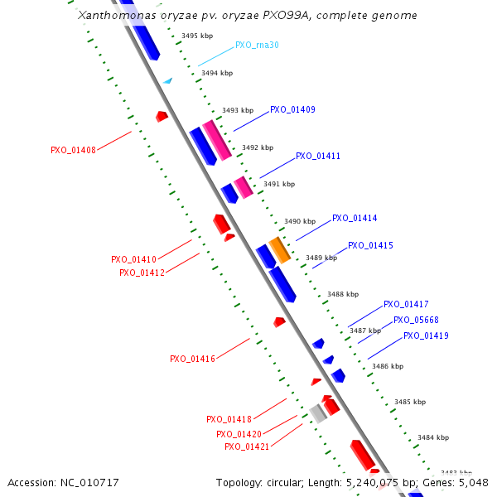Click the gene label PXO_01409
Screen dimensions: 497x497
[x=292, y=109]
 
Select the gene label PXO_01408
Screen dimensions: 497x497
[x=73, y=150]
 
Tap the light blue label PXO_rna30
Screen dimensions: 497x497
[x=257, y=45]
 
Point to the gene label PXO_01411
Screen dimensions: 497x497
[x=318, y=156]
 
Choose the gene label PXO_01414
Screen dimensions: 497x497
[x=355, y=219]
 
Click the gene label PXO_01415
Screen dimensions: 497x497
[x=370, y=245]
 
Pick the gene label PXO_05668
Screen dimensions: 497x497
[x=416, y=320]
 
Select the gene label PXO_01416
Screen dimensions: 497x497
[x=192, y=359]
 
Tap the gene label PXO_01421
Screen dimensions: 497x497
[x=247, y=446]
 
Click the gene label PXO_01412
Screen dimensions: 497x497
[x=142, y=273]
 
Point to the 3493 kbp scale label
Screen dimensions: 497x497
[x=237, y=110]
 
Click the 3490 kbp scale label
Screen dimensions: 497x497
[x=300, y=221]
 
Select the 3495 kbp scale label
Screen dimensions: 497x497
[x=197, y=36]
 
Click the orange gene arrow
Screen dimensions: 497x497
[x=278, y=249]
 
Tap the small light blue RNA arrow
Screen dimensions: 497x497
[x=167, y=81]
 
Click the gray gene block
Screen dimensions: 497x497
[x=318, y=413]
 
